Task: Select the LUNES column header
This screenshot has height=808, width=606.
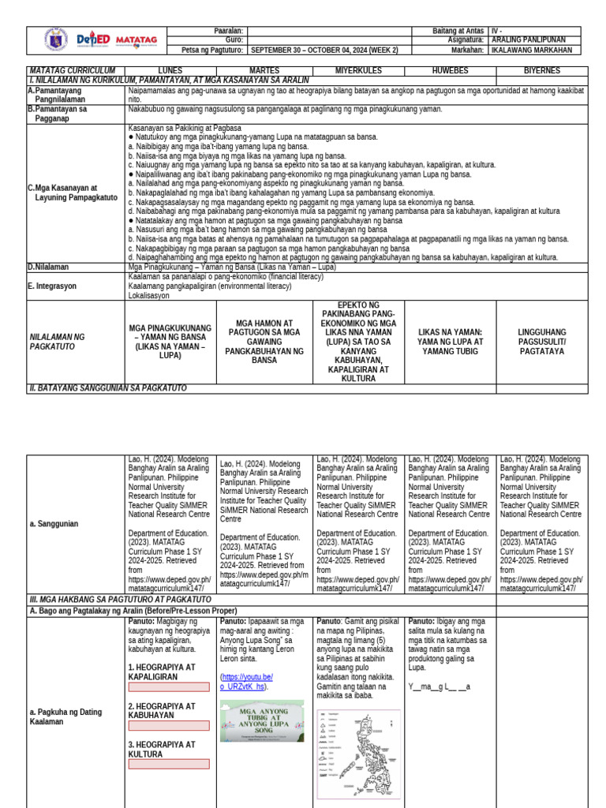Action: pos(170,71)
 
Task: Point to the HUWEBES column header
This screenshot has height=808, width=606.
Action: pos(450,71)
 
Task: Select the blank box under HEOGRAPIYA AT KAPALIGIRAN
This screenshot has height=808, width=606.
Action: pos(169,687)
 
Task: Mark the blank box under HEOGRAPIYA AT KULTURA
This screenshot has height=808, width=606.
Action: pos(169,764)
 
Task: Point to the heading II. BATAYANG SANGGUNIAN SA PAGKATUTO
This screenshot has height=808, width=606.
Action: pos(108,387)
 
